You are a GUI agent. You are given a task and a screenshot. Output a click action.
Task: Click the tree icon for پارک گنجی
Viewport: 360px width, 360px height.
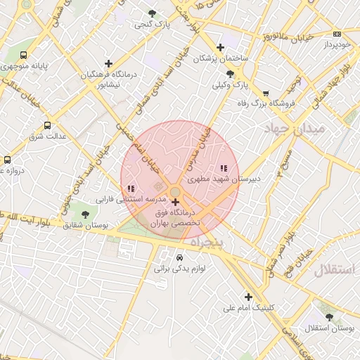click(153, 13)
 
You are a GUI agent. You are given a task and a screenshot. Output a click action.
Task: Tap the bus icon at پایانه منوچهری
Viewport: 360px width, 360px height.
click(24, 55)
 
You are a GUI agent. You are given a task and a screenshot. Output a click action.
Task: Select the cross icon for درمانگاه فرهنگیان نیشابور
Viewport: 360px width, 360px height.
click(108, 63)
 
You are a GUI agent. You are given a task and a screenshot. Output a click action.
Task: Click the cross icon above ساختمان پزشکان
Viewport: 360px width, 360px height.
click(220, 48)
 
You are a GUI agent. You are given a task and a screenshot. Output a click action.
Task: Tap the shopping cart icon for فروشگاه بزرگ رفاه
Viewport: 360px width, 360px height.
click(266, 93)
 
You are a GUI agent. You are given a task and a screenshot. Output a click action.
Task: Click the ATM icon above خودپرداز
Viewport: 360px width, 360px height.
click(337, 34)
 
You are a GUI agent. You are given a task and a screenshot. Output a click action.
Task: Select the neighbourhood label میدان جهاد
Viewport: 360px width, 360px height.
click(294, 129)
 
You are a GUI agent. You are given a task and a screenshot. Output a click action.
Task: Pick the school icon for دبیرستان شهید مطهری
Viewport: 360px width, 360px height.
click(224, 168)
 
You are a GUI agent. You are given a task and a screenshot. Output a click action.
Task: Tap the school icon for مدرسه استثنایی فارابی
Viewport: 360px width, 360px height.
click(131, 188)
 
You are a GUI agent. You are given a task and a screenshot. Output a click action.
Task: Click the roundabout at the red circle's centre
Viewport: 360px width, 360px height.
click(175, 192)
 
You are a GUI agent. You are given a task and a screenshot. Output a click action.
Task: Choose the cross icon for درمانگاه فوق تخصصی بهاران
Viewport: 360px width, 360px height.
click(175, 202)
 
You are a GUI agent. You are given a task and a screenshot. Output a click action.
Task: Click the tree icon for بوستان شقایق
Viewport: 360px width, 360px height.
click(85, 214)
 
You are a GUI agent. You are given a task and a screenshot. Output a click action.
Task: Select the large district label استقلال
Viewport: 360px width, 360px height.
click(335, 270)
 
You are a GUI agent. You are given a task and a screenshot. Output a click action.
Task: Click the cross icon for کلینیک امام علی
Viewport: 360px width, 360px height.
click(248, 297)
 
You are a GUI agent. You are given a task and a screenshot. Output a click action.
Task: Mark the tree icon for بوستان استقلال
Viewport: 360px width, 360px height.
click(328, 318)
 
